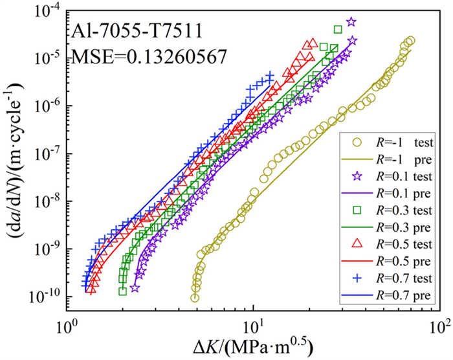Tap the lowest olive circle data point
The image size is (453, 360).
[x=195, y=298]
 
